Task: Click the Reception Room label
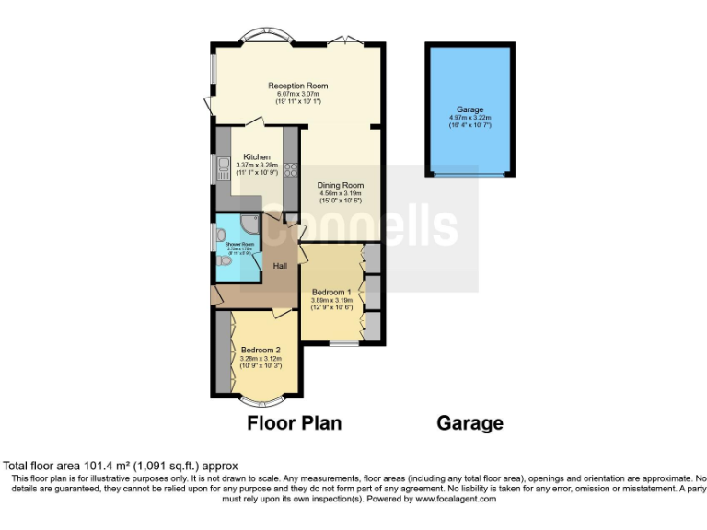click(x=297, y=86)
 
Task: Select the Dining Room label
click(x=341, y=185)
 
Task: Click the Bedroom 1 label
click(x=331, y=292)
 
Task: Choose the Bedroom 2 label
click(x=261, y=350)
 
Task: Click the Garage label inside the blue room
click(x=469, y=109)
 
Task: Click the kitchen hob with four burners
click(x=290, y=168)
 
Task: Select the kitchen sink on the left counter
click(x=222, y=167)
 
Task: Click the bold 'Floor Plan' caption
click(x=294, y=423)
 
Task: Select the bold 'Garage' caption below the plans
click(x=469, y=423)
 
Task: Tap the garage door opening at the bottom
click(x=469, y=173)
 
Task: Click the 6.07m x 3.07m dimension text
click(x=297, y=94)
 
